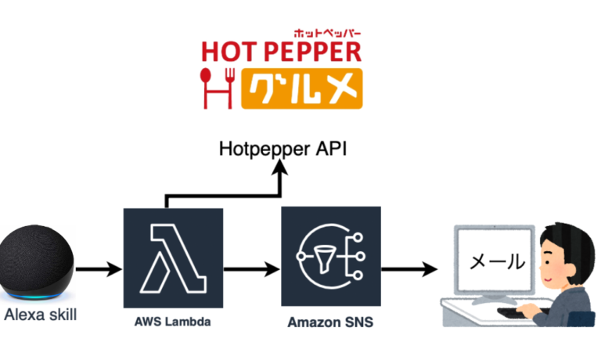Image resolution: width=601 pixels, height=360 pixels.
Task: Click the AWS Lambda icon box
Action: [x=173, y=258]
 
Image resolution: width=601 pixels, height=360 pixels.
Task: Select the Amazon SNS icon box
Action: [x=331, y=256]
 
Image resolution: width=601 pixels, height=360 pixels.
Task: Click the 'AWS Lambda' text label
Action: [x=172, y=321]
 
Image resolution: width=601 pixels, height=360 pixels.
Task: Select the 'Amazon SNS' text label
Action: [x=330, y=322]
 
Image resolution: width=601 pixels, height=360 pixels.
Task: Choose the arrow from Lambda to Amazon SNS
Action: [x=252, y=269]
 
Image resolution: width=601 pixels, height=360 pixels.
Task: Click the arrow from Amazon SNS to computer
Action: [x=409, y=269]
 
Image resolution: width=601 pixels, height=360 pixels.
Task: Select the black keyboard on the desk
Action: [x=517, y=311]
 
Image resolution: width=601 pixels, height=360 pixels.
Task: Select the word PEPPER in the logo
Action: [x=311, y=51]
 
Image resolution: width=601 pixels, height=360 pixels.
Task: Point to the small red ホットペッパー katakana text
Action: [x=327, y=32]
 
